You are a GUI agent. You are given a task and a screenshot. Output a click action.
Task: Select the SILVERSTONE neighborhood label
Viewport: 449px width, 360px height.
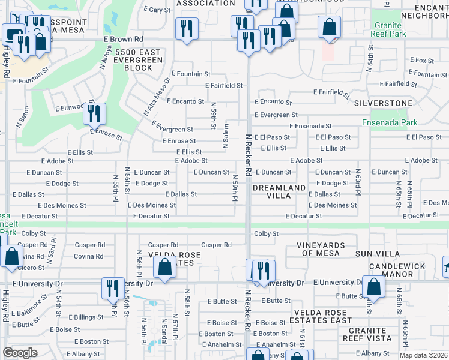[383, 103]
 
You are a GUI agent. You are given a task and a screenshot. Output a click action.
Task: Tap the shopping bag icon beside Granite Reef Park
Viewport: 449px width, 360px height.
[329, 27]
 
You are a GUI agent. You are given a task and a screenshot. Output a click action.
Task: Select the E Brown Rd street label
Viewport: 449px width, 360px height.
[130, 39]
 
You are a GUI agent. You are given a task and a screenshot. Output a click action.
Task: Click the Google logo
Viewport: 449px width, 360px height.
[20, 353]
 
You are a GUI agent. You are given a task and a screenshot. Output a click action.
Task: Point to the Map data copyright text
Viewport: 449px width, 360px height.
[423, 355]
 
